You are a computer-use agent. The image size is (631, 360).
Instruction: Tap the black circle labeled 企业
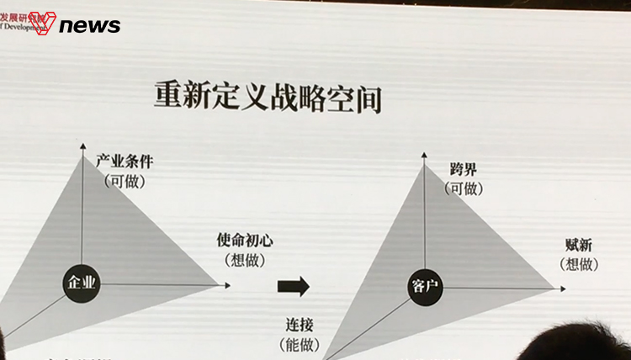pos(82,283)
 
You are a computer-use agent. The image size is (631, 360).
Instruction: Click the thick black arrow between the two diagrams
pos(294,286)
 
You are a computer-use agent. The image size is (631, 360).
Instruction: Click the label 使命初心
pos(245,241)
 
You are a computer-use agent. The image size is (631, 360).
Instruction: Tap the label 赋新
pos(579,246)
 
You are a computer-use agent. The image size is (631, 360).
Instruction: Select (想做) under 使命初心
pos(245,260)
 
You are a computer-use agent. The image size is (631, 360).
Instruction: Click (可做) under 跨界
pos(464,188)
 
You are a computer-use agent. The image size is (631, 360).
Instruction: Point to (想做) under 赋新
pos(579,264)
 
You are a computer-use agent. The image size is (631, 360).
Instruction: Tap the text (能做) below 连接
pos(297,344)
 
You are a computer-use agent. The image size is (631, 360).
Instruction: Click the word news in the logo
pos(90,25)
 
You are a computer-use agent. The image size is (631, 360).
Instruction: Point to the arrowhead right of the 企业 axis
pos(226,285)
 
